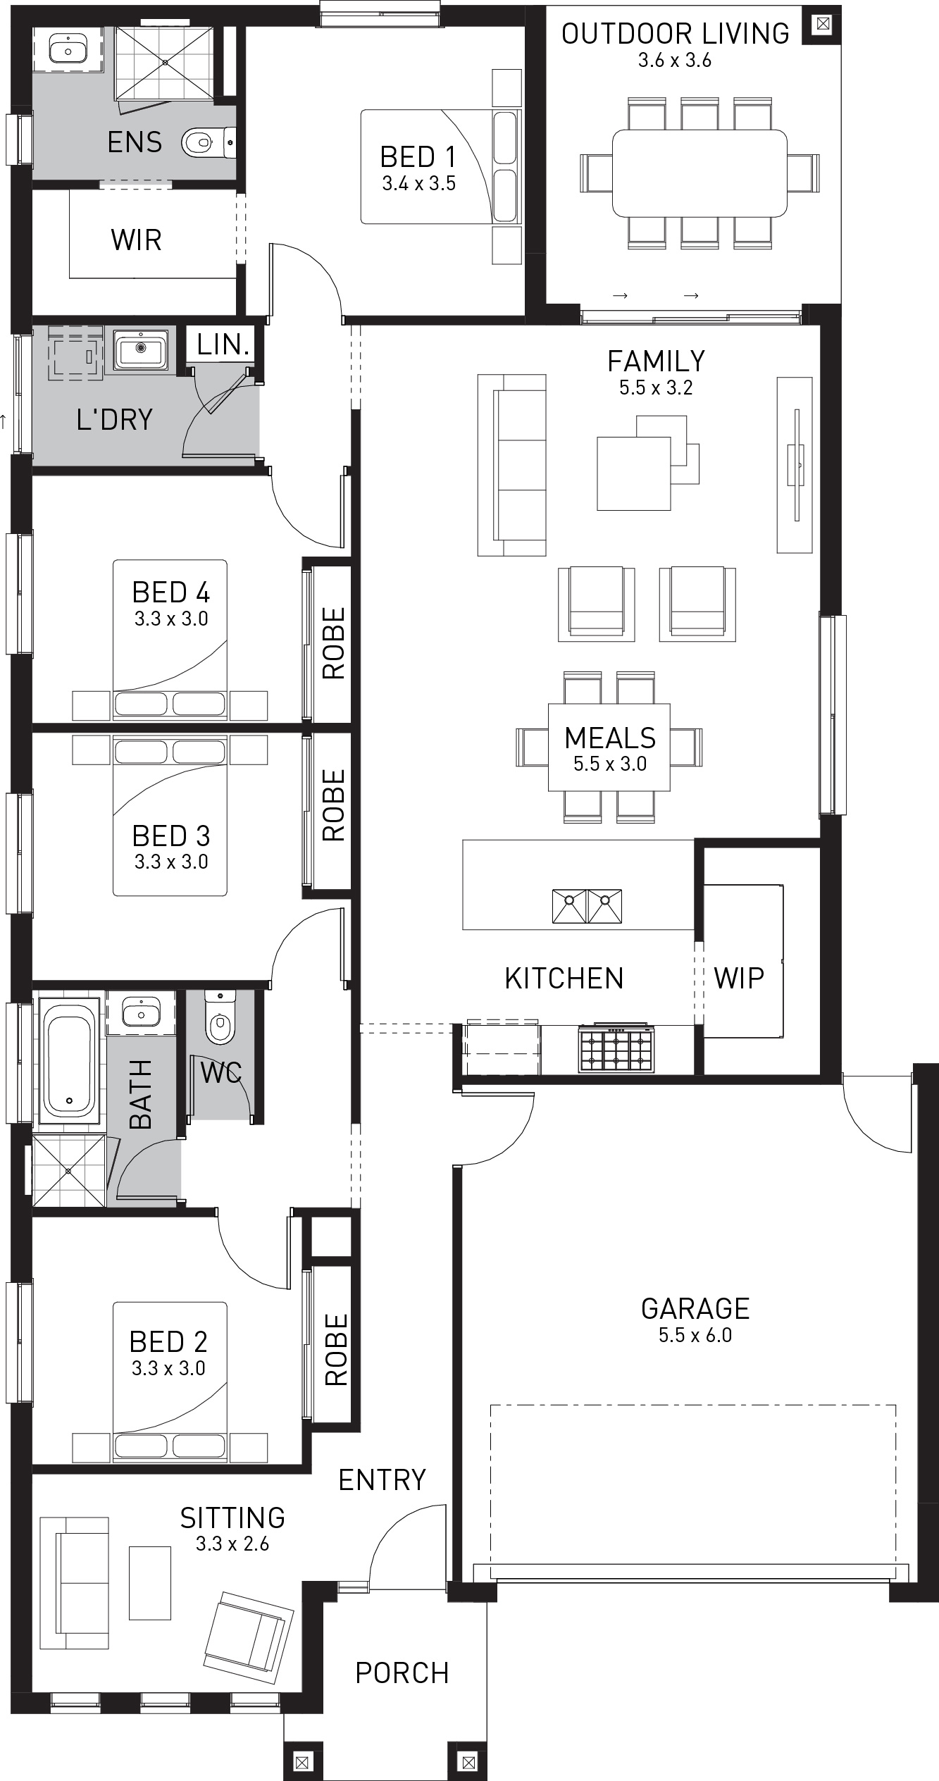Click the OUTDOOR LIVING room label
coord(675,34)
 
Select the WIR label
coord(136,240)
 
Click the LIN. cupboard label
coord(223,345)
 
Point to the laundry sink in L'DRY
coord(141,349)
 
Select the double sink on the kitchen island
coord(587,906)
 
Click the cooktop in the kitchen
coord(615,1048)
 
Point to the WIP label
coord(738,978)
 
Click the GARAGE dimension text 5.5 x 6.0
coord(695,1335)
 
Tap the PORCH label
coord(402,1673)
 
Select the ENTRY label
coord(382,1480)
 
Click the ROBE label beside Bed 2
coord(335,1349)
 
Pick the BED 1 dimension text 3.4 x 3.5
coord(418,184)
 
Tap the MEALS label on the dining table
coord(609,738)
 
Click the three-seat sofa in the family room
coord(512,465)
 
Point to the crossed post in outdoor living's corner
coord(821,25)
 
